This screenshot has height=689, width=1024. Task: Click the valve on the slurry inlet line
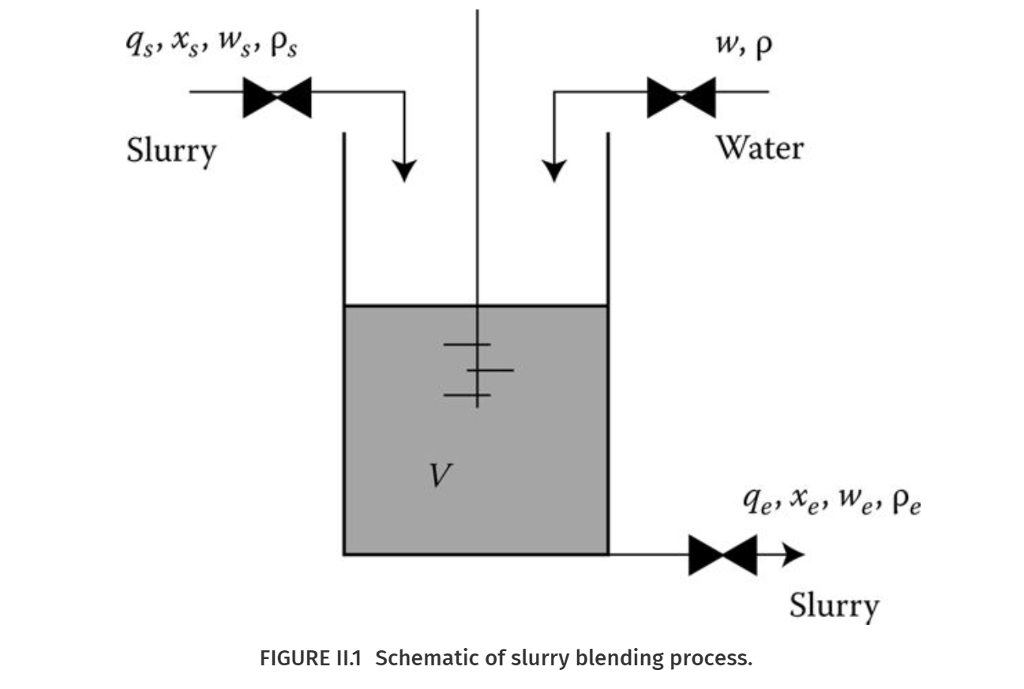pyautogui.click(x=277, y=98)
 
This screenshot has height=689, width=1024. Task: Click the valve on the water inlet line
pyautogui.click(x=681, y=98)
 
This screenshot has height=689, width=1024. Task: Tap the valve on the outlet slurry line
pyautogui.click(x=722, y=556)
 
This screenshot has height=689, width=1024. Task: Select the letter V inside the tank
pyautogui.click(x=438, y=476)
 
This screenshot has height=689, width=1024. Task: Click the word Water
pyautogui.click(x=758, y=148)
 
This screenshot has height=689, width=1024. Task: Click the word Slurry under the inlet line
pyautogui.click(x=171, y=151)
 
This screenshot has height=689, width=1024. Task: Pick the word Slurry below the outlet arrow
pyautogui.click(x=834, y=606)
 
